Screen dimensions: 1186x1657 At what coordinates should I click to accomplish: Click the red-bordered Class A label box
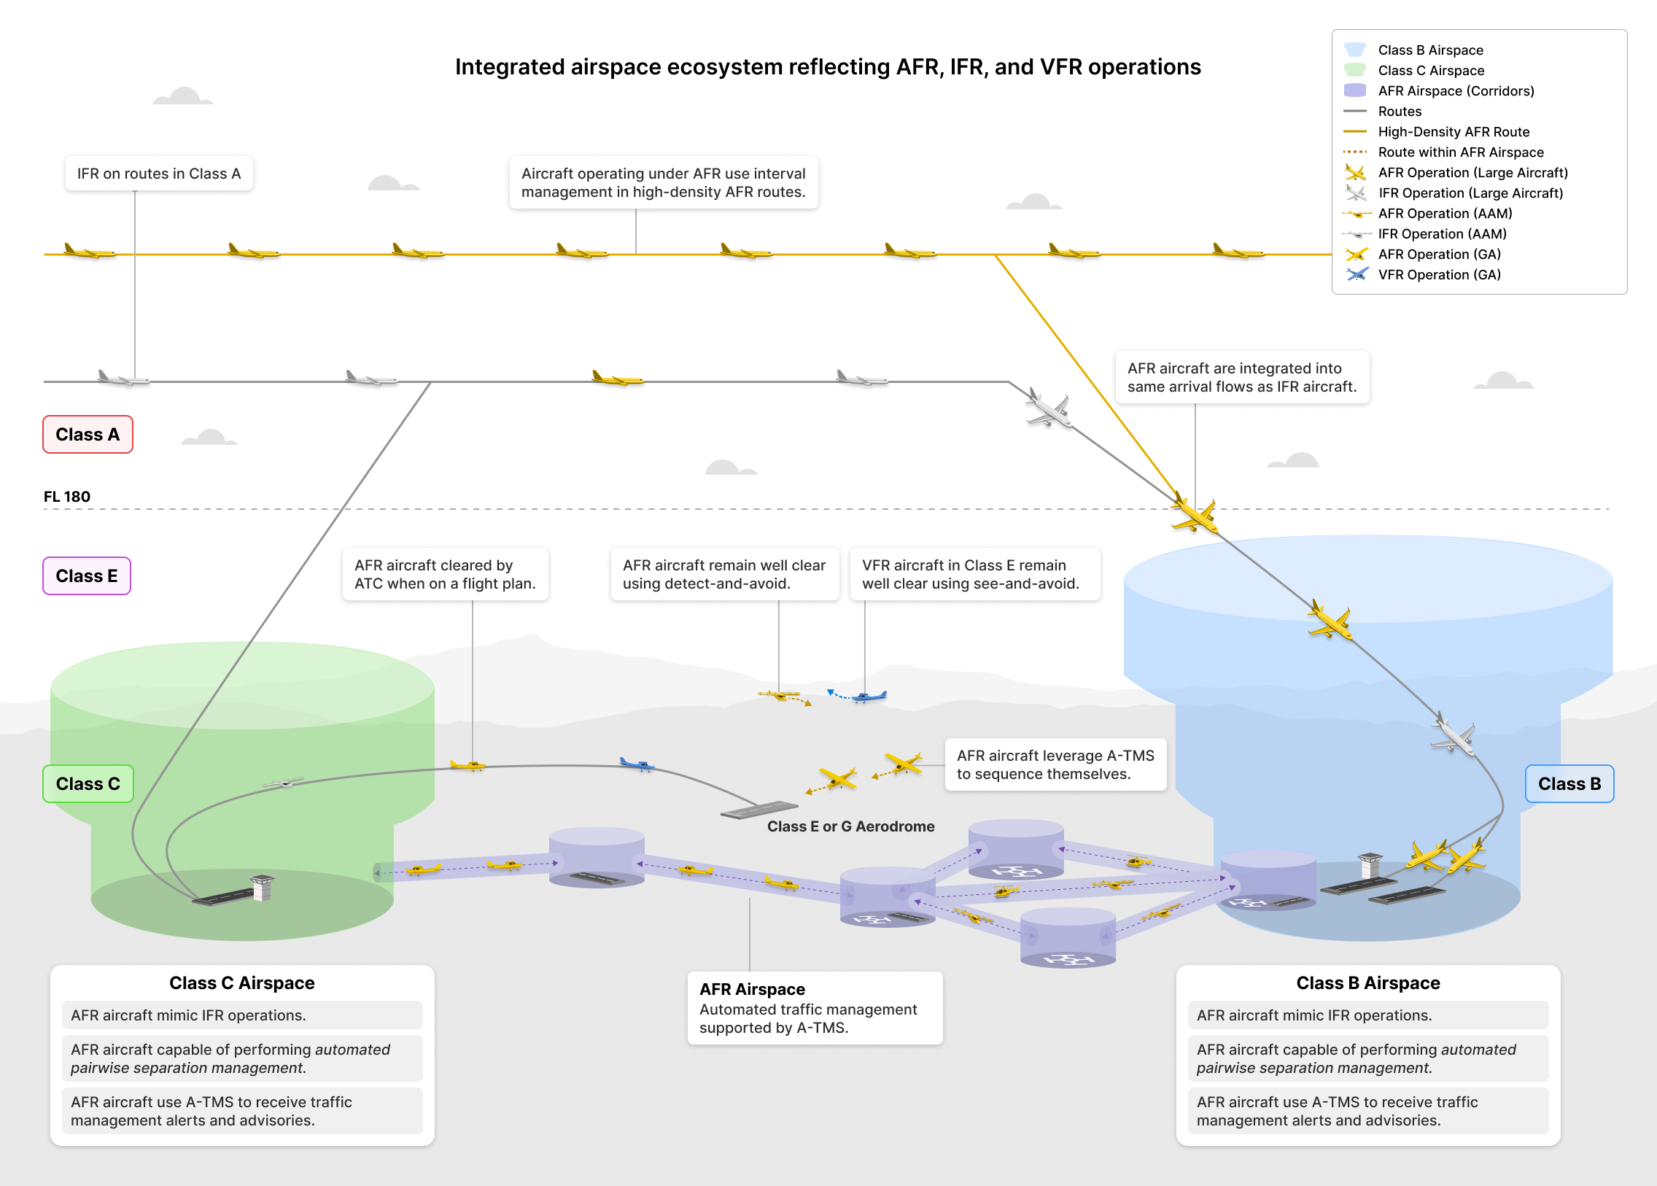click(88, 435)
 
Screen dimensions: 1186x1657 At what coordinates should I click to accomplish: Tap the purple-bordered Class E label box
click(86, 576)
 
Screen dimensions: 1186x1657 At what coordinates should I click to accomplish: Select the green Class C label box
click(88, 783)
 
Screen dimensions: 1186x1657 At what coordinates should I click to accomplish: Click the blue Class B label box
click(1569, 783)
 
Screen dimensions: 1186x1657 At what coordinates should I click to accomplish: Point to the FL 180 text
click(66, 497)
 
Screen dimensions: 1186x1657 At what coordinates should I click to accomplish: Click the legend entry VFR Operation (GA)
click(1439, 274)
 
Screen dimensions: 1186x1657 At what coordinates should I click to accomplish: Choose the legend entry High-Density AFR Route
click(1453, 131)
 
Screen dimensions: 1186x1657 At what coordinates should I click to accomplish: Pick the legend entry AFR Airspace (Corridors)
click(1456, 90)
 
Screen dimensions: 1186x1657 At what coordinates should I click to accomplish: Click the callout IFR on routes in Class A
click(158, 174)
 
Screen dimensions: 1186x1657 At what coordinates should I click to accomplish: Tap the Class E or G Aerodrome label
click(850, 826)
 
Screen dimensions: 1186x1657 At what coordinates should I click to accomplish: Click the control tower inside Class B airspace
click(1370, 864)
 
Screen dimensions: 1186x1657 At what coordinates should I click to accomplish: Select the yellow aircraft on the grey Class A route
click(617, 379)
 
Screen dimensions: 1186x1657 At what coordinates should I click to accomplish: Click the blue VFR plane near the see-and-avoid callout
click(869, 697)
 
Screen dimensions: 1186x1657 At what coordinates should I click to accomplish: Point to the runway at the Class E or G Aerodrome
click(758, 810)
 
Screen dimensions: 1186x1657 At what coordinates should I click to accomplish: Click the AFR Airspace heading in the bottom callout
click(751, 989)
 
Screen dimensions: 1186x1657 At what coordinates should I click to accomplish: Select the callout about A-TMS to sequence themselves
click(1055, 764)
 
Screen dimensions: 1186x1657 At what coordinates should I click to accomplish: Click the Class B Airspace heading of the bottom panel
click(1367, 983)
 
